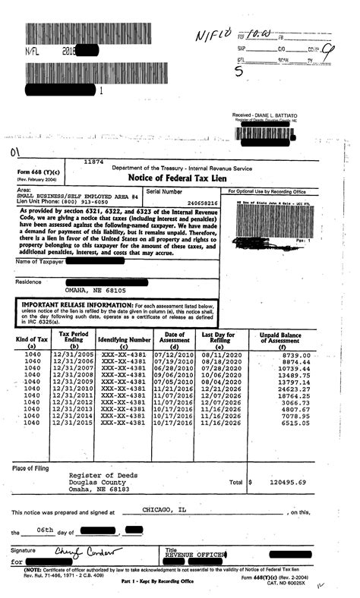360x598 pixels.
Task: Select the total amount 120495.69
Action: pyautogui.click(x=285, y=482)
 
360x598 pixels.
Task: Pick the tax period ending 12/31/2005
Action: pyautogui.click(x=74, y=354)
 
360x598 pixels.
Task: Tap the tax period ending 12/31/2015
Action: pyautogui.click(x=74, y=423)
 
